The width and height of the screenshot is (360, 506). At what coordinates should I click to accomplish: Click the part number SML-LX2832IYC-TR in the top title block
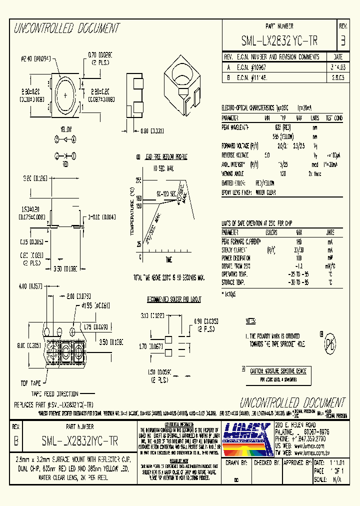click(279, 40)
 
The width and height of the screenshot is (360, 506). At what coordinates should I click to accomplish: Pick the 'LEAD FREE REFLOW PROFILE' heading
click(165, 156)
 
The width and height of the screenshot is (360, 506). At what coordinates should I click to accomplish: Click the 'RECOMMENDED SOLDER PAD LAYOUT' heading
click(174, 299)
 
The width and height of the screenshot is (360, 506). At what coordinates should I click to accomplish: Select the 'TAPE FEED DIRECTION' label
click(55, 393)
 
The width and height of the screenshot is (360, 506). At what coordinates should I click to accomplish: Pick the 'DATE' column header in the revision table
click(337, 56)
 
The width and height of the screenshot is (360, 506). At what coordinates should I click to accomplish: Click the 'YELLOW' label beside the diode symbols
click(66, 128)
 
